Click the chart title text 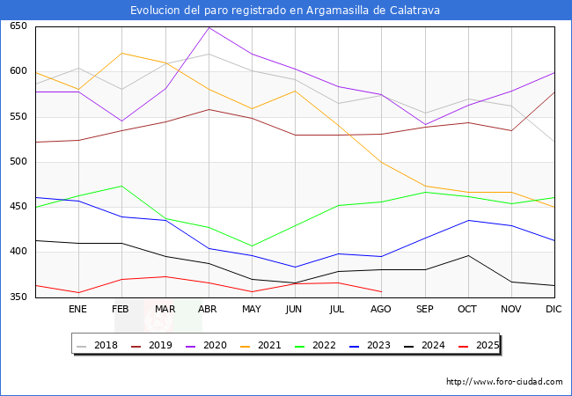285,11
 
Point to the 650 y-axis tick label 18,26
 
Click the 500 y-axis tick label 18,162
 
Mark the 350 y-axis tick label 18,297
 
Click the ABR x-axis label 209,310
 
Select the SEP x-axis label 425,310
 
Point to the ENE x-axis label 78,310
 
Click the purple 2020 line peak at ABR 209,27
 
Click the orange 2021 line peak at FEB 121,53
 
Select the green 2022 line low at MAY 252,246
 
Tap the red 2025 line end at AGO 381,291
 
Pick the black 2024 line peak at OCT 468,255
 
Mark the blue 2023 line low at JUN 295,267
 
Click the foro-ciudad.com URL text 504,382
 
